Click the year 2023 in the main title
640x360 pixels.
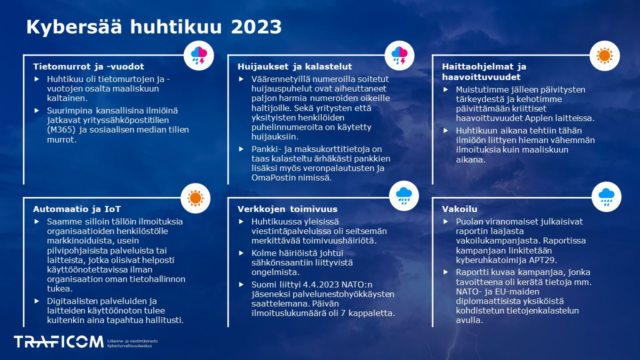click(256, 26)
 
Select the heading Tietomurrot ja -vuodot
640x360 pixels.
click(88, 66)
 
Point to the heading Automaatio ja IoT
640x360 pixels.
click(77, 209)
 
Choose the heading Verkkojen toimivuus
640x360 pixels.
click(287, 209)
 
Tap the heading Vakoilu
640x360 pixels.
click(459, 209)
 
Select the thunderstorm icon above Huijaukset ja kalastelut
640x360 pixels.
click(400, 55)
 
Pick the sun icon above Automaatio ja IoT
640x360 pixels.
click(195, 197)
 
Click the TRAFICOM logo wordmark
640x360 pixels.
click(58, 341)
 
